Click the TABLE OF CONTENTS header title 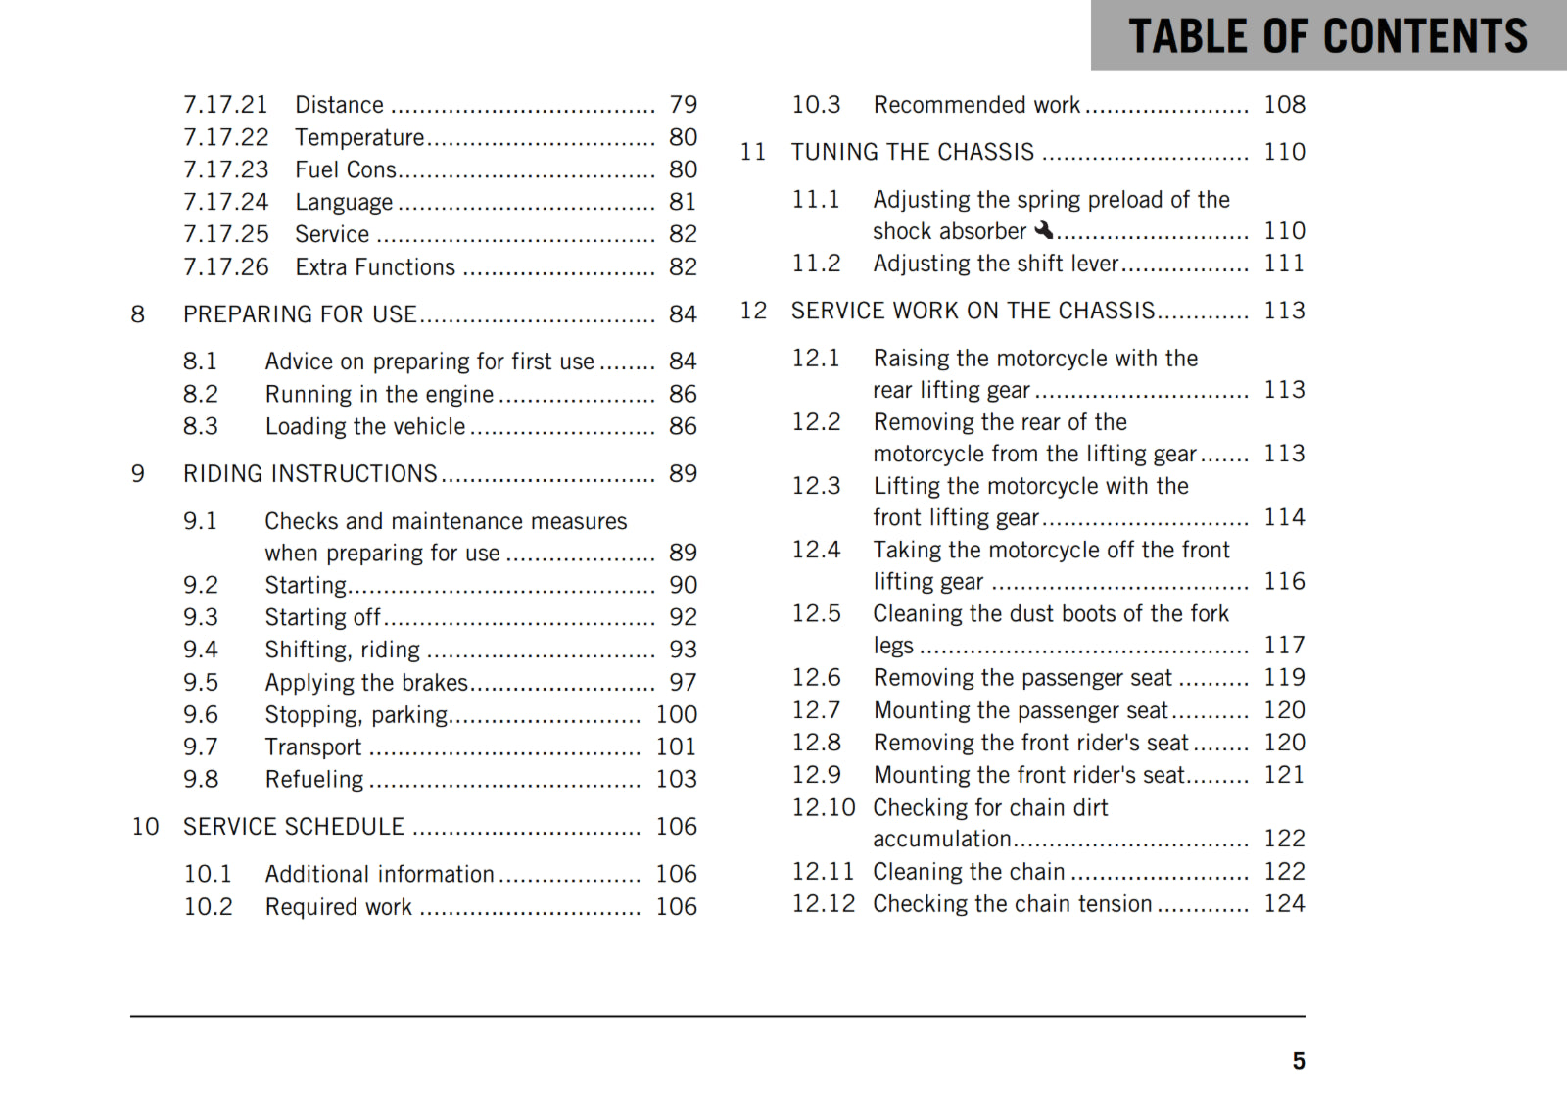[1327, 36]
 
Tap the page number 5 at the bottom [1298, 1061]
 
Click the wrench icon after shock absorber [1044, 230]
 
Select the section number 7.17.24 [225, 202]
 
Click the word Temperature [359, 137]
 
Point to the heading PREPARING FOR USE [300, 314]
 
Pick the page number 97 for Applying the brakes [683, 682]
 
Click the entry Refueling [313, 779]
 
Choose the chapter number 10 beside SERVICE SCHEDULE [145, 827]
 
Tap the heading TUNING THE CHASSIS [912, 152]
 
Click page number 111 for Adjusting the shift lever [1283, 264]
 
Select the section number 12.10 [823, 807]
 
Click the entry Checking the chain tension [1012, 903]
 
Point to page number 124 [1283, 903]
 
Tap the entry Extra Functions [375, 267]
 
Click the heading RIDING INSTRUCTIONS [309, 474]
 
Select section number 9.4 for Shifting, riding [200, 650]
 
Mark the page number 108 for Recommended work [1283, 105]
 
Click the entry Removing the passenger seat [1021, 678]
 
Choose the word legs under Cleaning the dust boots [892, 646]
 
